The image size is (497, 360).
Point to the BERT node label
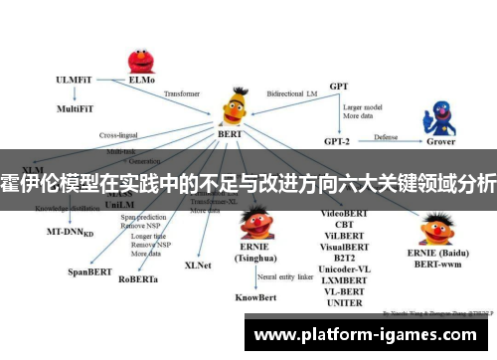tap(230, 133)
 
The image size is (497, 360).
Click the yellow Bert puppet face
tap(234, 103)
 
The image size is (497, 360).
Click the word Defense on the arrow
tap(386, 136)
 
